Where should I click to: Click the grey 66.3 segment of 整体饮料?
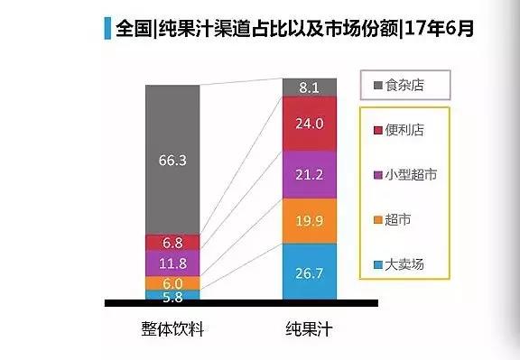(x=172, y=160)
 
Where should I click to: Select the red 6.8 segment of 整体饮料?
(x=172, y=243)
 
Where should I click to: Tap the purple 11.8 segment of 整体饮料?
(x=172, y=263)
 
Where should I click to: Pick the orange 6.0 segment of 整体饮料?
(x=172, y=282)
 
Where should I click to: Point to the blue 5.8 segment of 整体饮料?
(x=172, y=294)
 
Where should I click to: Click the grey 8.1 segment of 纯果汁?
(x=310, y=88)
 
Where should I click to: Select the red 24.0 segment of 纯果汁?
(x=310, y=123)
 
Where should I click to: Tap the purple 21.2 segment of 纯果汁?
(x=310, y=174)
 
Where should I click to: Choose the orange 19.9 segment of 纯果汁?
(x=310, y=221)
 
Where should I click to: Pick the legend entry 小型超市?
(x=411, y=174)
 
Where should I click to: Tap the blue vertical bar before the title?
(x=108, y=28)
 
